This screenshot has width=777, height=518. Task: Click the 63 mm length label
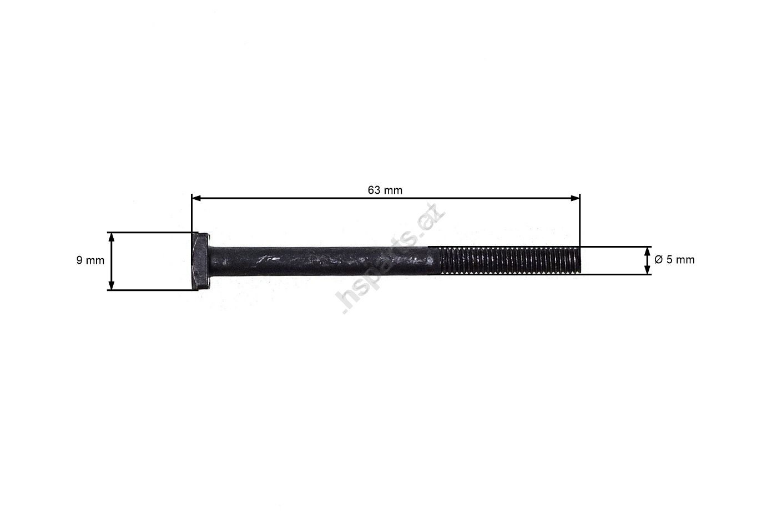[385, 190]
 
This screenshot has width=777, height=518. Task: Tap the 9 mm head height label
[90, 260]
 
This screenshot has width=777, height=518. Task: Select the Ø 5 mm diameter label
[674, 259]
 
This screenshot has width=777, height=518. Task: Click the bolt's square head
[200, 261]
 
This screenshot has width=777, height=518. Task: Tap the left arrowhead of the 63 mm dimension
[196, 198]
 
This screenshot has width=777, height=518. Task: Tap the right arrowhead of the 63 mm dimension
[575, 198]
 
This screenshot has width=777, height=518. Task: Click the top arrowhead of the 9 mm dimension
[112, 237]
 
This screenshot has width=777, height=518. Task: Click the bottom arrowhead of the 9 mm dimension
[112, 285]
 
